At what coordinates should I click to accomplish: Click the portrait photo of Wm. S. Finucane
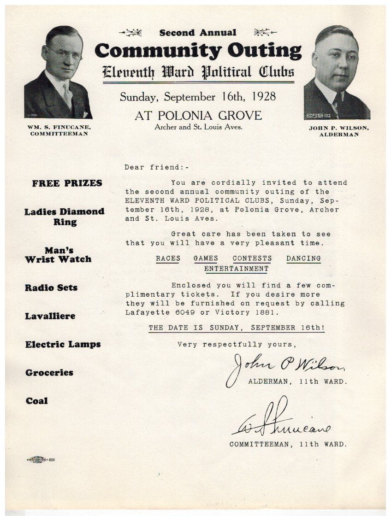pyautogui.click(x=58, y=73)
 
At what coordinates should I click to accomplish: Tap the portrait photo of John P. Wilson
pyautogui.click(x=337, y=73)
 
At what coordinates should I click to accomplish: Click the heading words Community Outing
pyautogui.click(x=198, y=50)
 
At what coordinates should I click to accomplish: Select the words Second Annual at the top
pyautogui.click(x=198, y=33)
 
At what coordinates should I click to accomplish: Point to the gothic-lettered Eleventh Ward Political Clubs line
pyautogui.click(x=198, y=72)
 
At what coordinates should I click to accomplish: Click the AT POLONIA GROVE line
pyautogui.click(x=198, y=115)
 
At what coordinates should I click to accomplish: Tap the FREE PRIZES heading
pyautogui.click(x=67, y=183)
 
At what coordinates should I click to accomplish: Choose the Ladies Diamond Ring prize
pyautogui.click(x=65, y=217)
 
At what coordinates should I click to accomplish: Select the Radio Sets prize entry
pyautogui.click(x=51, y=287)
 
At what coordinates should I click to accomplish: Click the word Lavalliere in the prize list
pyautogui.click(x=50, y=316)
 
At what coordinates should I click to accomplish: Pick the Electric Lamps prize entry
pyautogui.click(x=63, y=344)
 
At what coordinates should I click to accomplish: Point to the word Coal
pyautogui.click(x=36, y=401)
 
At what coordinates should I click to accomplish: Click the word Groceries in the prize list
pyautogui.click(x=49, y=372)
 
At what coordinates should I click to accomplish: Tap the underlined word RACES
pyautogui.click(x=168, y=258)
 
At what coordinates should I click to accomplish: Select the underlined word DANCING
pyautogui.click(x=303, y=258)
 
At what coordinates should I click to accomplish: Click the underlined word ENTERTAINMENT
pyautogui.click(x=236, y=268)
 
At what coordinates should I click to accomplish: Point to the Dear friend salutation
pyautogui.click(x=157, y=167)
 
